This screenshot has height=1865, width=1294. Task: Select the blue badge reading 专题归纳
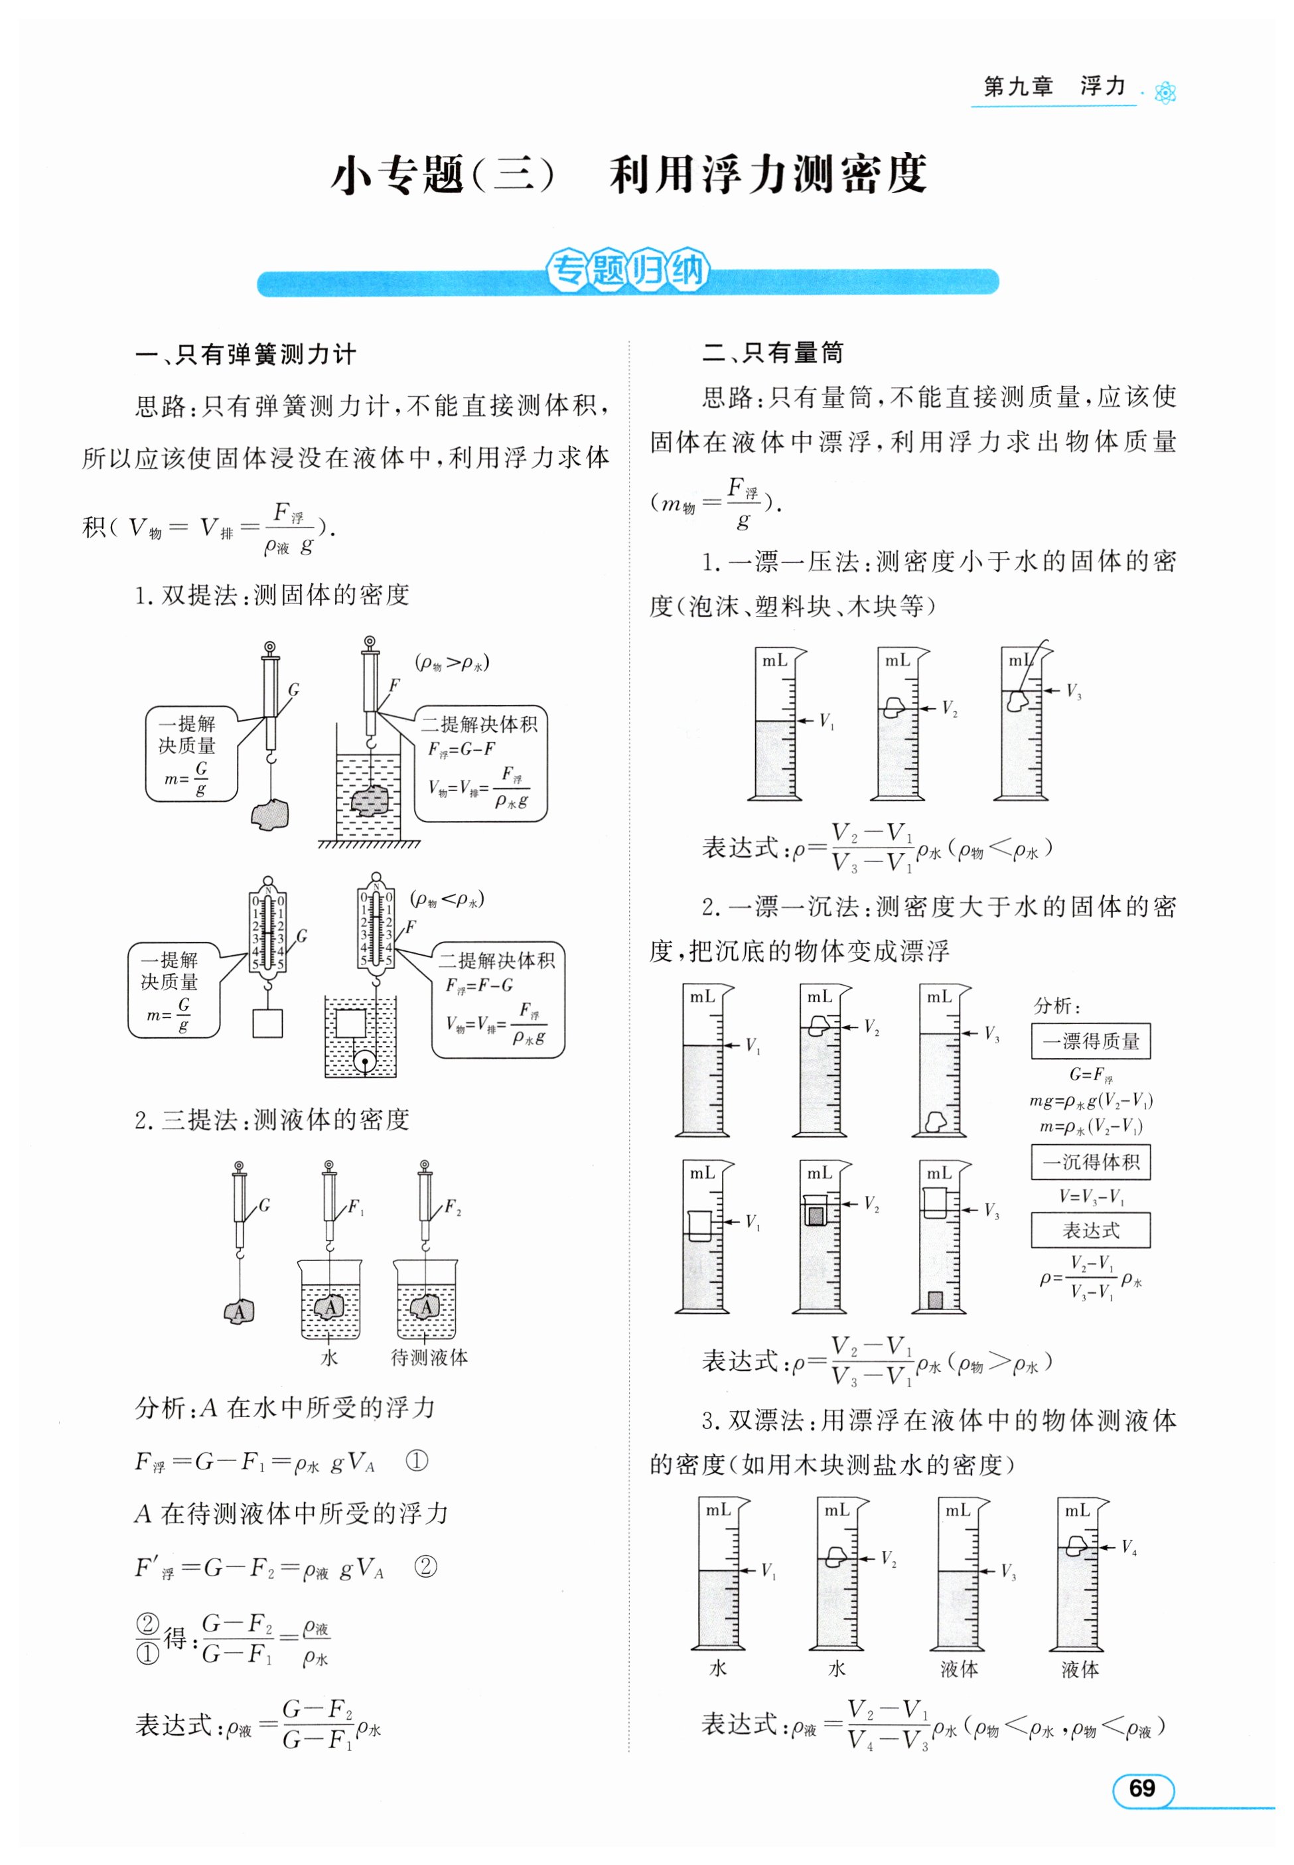(x=628, y=271)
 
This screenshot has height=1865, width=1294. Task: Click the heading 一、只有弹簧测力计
(x=246, y=354)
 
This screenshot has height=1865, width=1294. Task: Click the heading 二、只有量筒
(x=772, y=352)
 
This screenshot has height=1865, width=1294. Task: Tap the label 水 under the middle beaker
(x=329, y=1357)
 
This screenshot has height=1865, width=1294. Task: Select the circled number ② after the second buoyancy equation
(x=425, y=1566)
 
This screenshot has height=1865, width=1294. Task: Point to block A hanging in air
(x=239, y=1311)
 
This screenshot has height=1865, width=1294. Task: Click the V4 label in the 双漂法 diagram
(x=1129, y=1547)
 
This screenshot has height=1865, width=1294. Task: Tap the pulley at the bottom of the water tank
(x=365, y=1060)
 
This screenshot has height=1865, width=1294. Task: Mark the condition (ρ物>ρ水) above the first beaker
(x=452, y=662)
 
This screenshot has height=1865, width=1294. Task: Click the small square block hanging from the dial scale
(x=267, y=1023)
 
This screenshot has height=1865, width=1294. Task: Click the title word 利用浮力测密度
(x=768, y=173)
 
